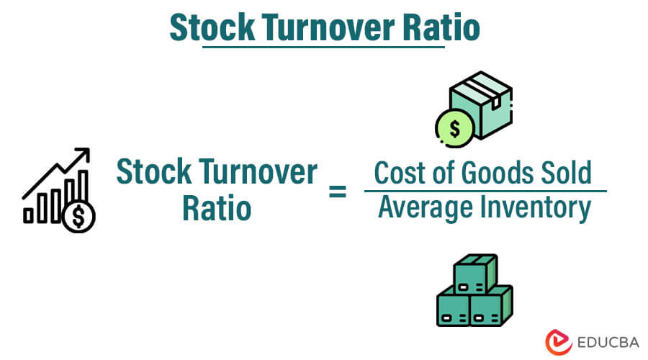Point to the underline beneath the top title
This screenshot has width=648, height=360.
[x=324, y=47]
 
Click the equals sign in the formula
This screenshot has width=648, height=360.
[x=338, y=192]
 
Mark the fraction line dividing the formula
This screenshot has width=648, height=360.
[x=485, y=191]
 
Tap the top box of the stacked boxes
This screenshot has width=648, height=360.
[x=474, y=270]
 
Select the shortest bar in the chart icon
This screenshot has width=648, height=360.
[x=29, y=215]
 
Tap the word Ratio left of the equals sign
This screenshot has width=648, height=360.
[x=216, y=210]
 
